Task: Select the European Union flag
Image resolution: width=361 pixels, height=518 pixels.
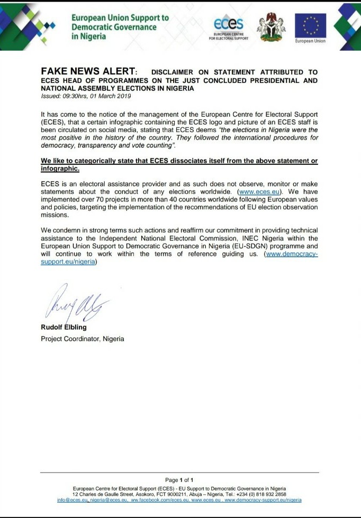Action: point(310,25)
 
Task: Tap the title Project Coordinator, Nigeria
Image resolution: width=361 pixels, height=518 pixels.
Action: point(83,338)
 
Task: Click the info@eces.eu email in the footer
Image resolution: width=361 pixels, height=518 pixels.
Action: point(72,499)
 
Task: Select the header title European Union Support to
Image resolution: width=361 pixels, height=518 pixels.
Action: point(120,17)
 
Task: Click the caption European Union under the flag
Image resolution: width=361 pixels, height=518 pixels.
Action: point(310,41)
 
